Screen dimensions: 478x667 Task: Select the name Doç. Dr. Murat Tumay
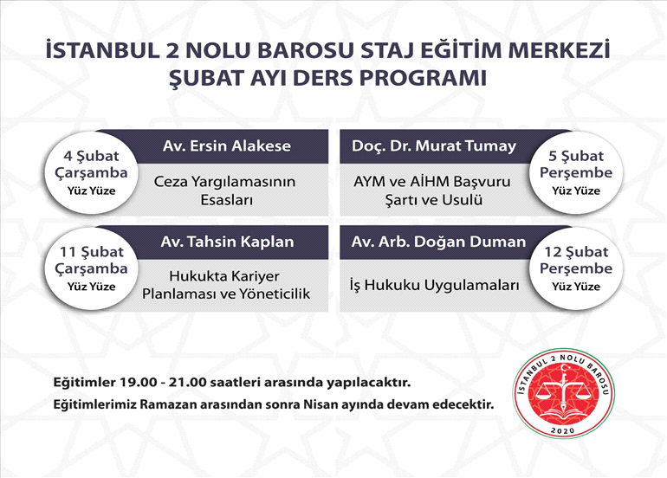(433, 145)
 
